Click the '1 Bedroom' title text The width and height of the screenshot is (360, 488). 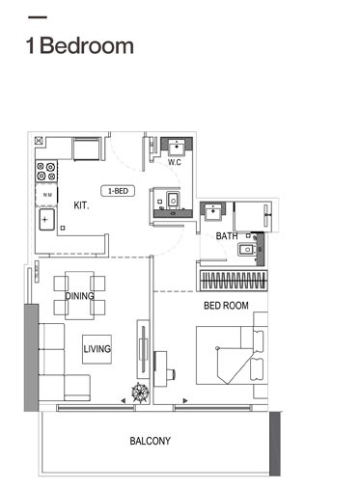pyautogui.click(x=80, y=45)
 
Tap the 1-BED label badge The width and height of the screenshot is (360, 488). pyautogui.click(x=119, y=191)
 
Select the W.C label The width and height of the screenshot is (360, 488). pyautogui.click(x=175, y=162)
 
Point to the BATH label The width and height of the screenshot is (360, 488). pyautogui.click(x=227, y=236)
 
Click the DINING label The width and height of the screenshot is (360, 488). pyautogui.click(x=79, y=295)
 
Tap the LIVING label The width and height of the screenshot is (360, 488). pyautogui.click(x=97, y=349)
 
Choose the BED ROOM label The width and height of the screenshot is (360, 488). pyautogui.click(x=226, y=306)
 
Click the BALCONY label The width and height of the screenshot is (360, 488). pyautogui.click(x=150, y=442)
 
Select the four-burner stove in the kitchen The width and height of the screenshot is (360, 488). pyautogui.click(x=46, y=172)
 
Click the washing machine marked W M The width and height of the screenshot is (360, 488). pyautogui.click(x=46, y=196)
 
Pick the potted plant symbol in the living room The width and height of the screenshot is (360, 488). pyautogui.click(x=141, y=393)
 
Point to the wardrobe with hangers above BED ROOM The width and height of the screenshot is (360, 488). pyautogui.click(x=233, y=281)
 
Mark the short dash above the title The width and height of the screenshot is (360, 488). pyautogui.click(x=39, y=18)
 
